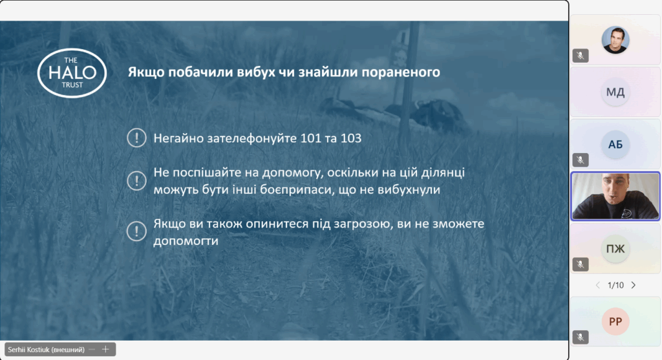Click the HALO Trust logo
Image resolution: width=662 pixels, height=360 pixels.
pyautogui.click(x=72, y=72)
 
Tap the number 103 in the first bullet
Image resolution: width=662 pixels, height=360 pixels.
pyautogui.click(x=351, y=138)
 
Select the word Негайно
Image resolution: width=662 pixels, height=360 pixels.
pyautogui.click(x=178, y=138)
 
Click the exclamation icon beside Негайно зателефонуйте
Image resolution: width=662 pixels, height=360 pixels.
pyautogui.click(x=136, y=138)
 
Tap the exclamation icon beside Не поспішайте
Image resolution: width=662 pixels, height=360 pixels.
pyautogui.click(x=136, y=180)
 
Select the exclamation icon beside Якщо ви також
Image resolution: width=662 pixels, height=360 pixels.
pyautogui.click(x=136, y=231)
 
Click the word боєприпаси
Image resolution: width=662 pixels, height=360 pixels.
pyautogui.click(x=296, y=189)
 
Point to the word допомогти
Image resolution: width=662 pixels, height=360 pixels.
pyautogui.click(x=186, y=240)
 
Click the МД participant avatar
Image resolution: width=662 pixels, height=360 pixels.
pyautogui.click(x=615, y=92)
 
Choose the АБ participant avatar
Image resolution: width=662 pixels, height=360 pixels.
pyautogui.click(x=615, y=144)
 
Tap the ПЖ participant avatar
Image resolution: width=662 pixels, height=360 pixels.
pyautogui.click(x=615, y=249)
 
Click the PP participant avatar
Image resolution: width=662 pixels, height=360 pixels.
pyautogui.click(x=615, y=322)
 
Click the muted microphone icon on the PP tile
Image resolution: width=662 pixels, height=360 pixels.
pyautogui.click(x=581, y=337)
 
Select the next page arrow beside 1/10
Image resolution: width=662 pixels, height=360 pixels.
pyautogui.click(x=634, y=285)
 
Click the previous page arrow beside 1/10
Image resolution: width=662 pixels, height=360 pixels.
pyautogui.click(x=598, y=285)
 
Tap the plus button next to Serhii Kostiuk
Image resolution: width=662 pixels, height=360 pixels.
pyautogui.click(x=105, y=349)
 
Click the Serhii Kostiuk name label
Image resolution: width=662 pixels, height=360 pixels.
pyautogui.click(x=46, y=350)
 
